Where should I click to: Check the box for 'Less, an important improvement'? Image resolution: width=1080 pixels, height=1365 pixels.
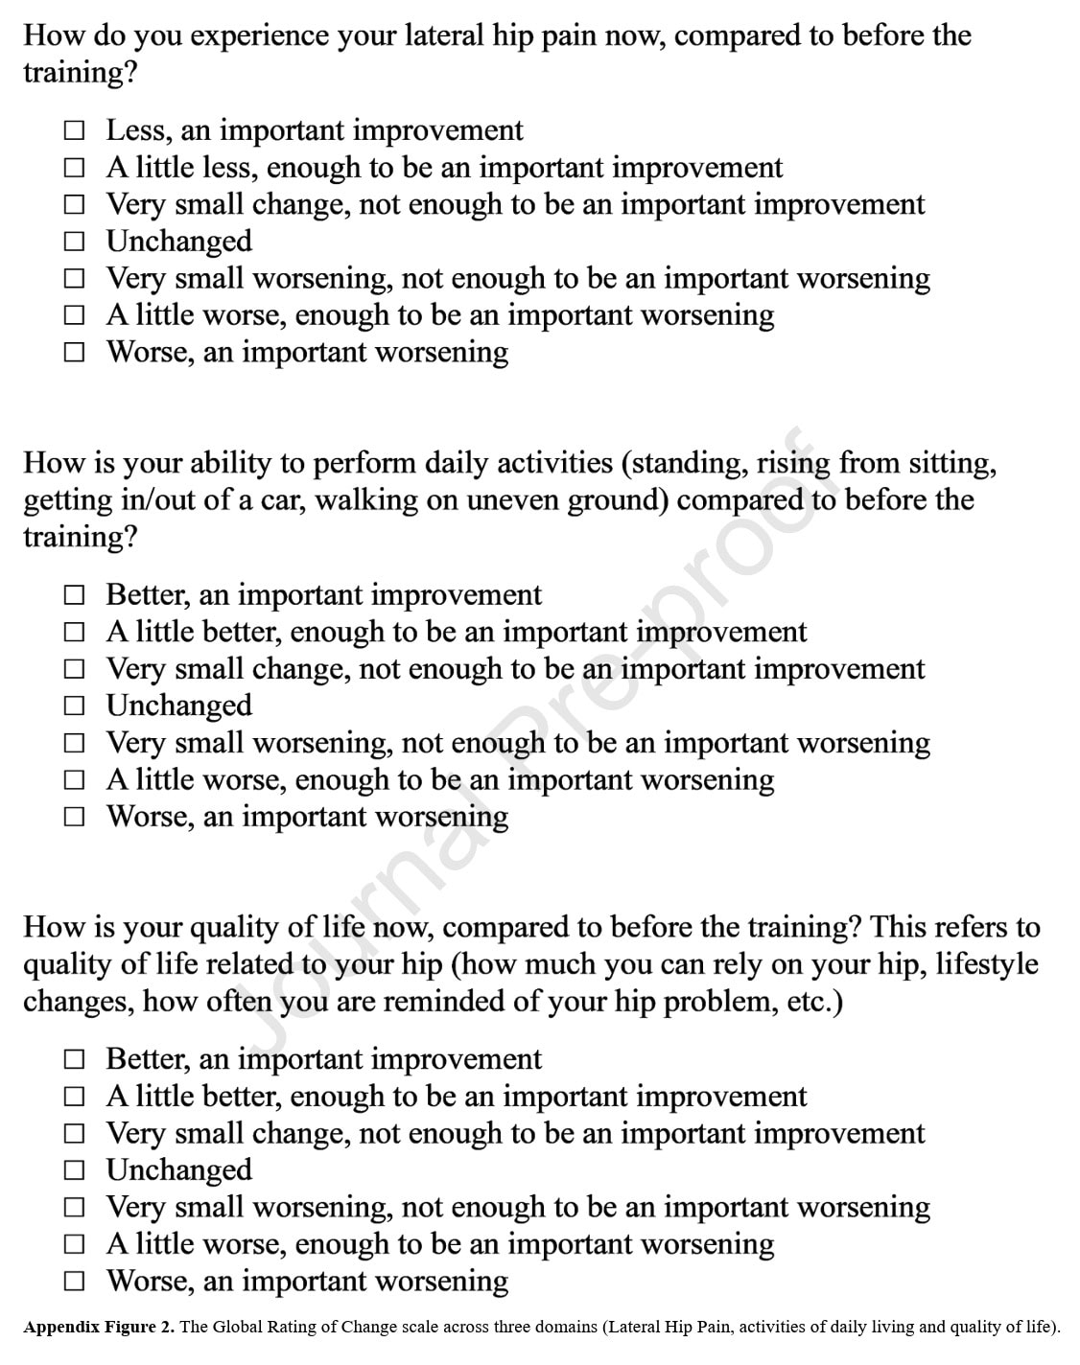75,130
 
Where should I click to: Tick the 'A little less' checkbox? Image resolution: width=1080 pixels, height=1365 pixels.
75,168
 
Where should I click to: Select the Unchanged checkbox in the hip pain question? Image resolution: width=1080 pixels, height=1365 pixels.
75,242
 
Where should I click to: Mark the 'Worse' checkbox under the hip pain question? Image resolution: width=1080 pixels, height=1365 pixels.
75,353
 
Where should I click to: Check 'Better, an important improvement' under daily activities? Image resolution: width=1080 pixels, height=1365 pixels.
75,595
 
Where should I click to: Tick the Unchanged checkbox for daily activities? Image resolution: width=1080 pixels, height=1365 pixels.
75,706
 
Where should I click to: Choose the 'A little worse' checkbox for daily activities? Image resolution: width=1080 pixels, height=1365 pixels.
75,780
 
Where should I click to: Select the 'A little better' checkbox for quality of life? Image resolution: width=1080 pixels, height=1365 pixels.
75,1097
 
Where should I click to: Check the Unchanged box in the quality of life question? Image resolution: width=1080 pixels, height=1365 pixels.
75,1170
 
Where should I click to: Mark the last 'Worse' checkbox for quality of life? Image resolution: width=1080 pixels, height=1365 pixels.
75,1282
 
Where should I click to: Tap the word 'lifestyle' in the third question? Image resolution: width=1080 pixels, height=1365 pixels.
986,964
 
